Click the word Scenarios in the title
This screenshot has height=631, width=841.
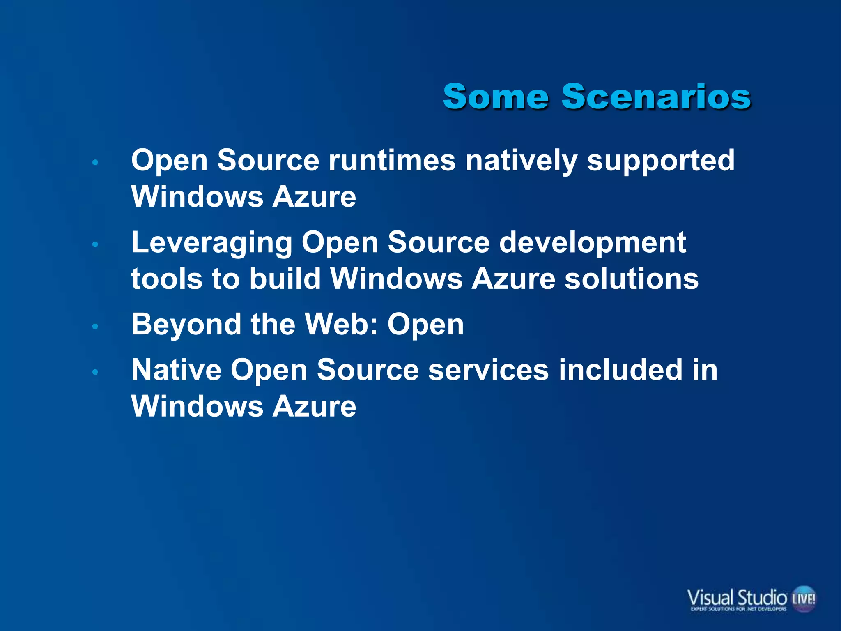656,97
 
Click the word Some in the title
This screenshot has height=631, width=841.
496,97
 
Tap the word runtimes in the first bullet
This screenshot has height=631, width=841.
392,160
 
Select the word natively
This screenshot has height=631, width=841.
521,161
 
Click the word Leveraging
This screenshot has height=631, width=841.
211,243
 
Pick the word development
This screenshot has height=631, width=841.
592,243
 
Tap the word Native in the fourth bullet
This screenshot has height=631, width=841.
176,370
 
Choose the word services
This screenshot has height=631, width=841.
488,370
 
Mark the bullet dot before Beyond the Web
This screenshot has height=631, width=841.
95,327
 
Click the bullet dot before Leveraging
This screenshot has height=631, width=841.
95,245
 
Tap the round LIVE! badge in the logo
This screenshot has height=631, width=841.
803,599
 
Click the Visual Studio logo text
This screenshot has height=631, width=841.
737,596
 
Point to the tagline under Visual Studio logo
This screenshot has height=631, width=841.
738,609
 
